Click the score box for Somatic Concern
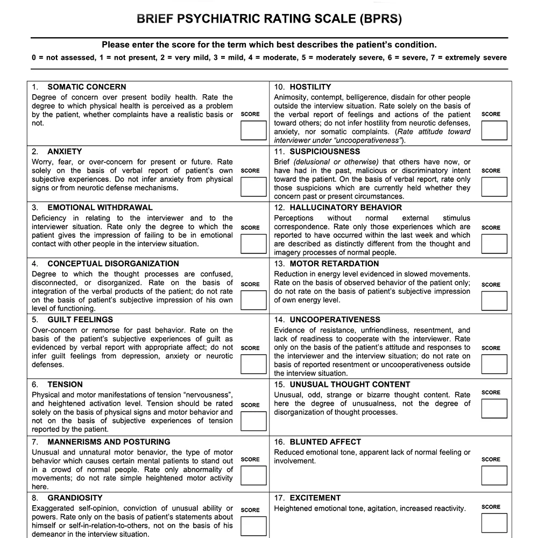[x=253, y=130]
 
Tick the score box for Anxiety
[x=253, y=187]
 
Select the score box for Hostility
[x=494, y=130]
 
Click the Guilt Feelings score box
[x=253, y=364]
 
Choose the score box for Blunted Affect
[x=494, y=476]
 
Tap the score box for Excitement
[x=494, y=523]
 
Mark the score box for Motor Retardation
[x=494, y=301]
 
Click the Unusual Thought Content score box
[x=494, y=408]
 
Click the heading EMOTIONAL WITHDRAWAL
[x=100, y=208]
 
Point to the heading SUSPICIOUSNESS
[x=324, y=152]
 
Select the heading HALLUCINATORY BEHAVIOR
[x=345, y=208]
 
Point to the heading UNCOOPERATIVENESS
[x=335, y=320]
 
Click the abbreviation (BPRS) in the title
[x=379, y=19]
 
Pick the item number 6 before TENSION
[x=35, y=385]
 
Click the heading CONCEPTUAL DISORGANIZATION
[x=113, y=264]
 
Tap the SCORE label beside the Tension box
[x=250, y=405]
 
